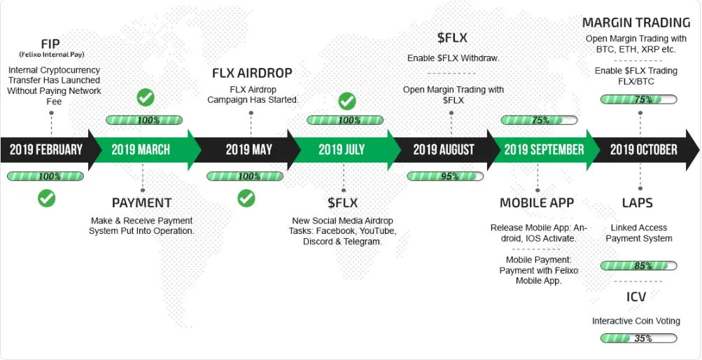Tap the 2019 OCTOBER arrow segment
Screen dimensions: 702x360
pos(645,150)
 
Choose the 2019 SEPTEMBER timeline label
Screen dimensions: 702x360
pos(544,150)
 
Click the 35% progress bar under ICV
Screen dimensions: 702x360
pos(638,338)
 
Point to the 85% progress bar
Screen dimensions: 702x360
pos(638,265)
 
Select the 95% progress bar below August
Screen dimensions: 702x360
pos(445,176)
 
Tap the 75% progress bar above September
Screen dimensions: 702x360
pos(539,120)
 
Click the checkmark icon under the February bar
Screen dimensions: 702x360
pos(47,198)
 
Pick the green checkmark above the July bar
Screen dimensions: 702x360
pos(347,101)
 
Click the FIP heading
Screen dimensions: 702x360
pos(50,44)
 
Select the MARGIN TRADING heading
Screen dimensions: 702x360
pos(636,22)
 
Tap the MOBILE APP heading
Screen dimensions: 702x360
pos(537,203)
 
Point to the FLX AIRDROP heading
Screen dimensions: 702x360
pos(252,73)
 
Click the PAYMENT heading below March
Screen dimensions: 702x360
pos(141,203)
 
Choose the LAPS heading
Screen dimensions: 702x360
pos(638,203)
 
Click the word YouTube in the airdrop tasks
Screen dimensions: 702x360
pos(379,231)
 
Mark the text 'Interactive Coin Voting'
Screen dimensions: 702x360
pos(636,321)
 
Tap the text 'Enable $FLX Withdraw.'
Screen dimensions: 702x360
pos(453,59)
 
